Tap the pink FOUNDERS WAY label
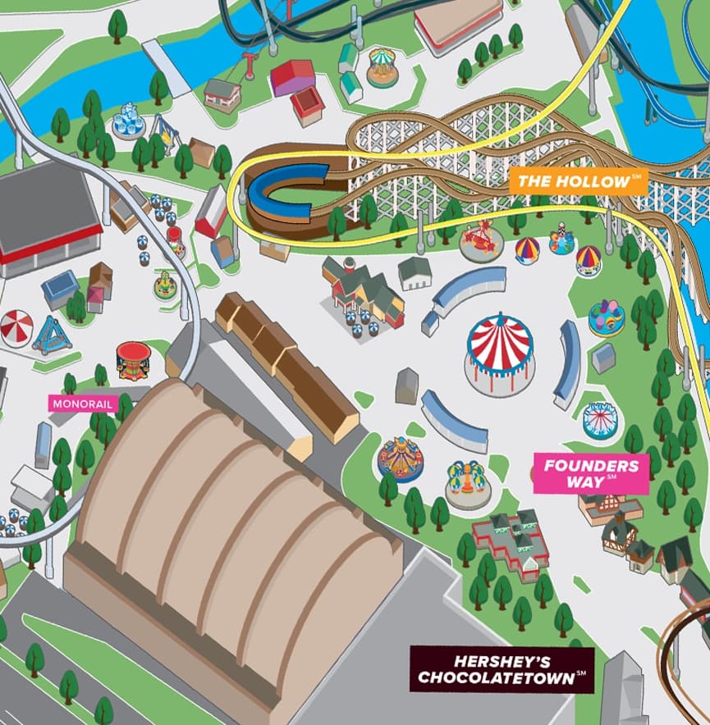(x=591, y=473)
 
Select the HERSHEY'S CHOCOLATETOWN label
(x=502, y=670)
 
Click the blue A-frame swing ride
(x=49, y=335)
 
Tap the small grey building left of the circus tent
(x=406, y=386)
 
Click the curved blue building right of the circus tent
(x=568, y=365)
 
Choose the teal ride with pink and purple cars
(x=607, y=317)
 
